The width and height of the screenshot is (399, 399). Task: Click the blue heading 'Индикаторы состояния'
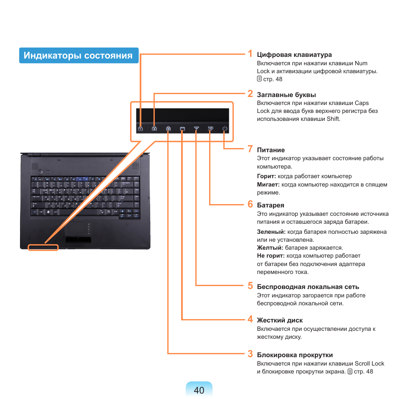click(78, 56)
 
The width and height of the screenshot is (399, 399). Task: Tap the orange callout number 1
click(250, 54)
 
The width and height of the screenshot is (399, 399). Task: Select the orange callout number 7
click(250, 149)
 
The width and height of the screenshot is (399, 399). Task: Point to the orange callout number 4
click(251, 319)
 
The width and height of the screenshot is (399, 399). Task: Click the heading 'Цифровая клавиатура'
click(294, 55)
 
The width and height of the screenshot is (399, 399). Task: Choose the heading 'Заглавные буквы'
click(286, 95)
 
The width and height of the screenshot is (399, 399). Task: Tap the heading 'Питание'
click(271, 150)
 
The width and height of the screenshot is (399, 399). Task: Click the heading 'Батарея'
click(271, 205)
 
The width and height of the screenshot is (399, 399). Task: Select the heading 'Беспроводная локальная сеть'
click(308, 287)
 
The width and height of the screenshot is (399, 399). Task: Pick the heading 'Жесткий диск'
click(280, 320)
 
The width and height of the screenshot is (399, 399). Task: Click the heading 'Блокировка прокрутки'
click(295, 355)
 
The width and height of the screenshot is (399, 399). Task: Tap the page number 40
click(199, 390)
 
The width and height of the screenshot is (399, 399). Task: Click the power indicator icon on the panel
click(225, 128)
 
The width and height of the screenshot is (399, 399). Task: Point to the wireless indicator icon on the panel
click(197, 128)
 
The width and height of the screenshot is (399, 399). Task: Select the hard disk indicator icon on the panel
click(182, 129)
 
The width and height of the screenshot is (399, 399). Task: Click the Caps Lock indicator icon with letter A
click(154, 128)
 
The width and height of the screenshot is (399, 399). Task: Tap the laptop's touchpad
click(76, 229)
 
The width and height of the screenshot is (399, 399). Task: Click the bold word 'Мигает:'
click(268, 185)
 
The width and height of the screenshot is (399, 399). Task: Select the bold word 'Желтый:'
click(270, 248)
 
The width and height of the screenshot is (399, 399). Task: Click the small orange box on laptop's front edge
click(43, 247)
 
